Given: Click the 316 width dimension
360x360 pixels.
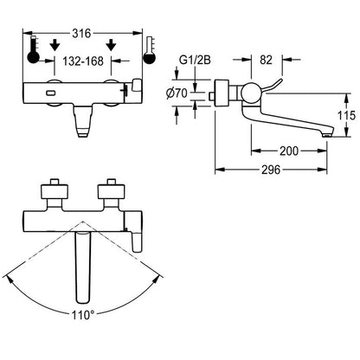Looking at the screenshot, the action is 81,34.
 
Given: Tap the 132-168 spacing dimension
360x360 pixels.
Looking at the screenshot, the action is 83,61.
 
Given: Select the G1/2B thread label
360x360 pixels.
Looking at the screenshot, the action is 196,61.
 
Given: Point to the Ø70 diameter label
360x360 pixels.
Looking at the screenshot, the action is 177,93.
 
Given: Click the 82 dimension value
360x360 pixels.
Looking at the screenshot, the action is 266,60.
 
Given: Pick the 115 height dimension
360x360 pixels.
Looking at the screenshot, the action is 346,116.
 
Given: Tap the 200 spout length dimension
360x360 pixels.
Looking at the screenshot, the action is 289,151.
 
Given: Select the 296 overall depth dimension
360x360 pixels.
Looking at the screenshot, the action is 271,170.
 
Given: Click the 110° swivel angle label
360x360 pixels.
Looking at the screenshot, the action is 83,315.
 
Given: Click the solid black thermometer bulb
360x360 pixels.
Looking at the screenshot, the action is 33,57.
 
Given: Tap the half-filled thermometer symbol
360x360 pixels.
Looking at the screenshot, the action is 150,50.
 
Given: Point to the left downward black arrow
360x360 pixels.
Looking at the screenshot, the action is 55,45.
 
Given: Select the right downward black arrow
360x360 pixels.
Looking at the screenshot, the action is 111,45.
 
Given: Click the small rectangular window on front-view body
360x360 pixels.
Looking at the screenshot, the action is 51,93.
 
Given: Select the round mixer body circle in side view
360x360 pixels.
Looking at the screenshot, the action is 251,93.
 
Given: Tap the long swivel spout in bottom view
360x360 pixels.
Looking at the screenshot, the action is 83,267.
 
